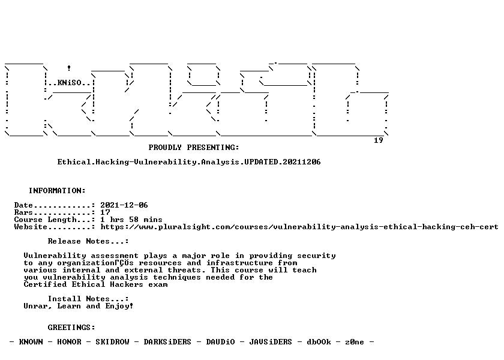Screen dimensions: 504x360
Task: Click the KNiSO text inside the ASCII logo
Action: coord(70,83)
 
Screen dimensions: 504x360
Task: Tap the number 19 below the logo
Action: coord(379,140)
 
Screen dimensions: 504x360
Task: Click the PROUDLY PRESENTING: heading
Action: coord(194,148)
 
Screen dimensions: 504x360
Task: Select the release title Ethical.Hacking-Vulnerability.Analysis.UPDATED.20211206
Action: coord(189,162)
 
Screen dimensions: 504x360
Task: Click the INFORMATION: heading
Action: coord(57,191)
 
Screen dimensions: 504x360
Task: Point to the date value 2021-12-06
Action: coord(124,205)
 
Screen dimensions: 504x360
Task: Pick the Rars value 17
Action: coord(105,212)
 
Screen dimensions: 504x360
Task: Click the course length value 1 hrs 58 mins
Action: coord(131,220)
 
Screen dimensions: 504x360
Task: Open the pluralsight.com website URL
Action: coord(299,227)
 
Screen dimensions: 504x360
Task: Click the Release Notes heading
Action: coord(88,241)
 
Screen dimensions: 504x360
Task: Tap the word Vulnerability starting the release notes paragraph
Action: coord(55,256)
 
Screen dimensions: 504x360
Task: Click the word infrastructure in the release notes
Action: coord(239,263)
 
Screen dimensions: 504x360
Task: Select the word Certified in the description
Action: coord(46,284)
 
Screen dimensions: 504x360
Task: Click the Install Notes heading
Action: coord(88,299)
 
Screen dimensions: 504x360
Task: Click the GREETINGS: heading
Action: coord(71,328)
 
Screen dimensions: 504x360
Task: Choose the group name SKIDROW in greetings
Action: coord(113,342)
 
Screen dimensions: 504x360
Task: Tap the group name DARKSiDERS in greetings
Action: coord(167,342)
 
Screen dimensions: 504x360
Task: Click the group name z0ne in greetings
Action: coord(355,342)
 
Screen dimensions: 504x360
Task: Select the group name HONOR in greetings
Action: coord(70,342)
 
